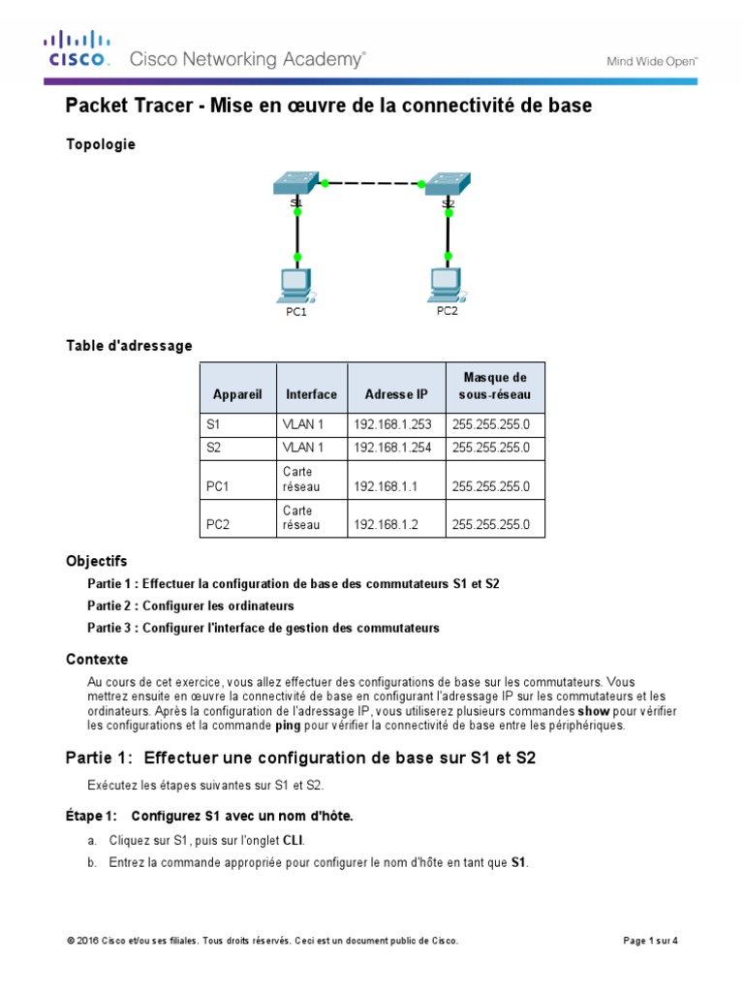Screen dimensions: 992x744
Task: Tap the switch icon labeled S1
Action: click(296, 183)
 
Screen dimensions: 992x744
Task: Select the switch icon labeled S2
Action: click(449, 183)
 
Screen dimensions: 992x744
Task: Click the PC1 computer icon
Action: click(295, 284)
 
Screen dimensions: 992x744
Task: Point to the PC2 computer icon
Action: click(447, 282)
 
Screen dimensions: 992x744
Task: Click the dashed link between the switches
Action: click(373, 182)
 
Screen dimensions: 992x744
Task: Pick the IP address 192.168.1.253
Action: click(394, 424)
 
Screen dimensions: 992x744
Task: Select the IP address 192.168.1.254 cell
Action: click(394, 448)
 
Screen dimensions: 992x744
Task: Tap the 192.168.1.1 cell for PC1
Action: click(386, 486)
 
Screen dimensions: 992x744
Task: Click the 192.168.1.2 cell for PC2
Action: click(386, 525)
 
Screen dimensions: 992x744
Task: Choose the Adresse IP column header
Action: click(395, 394)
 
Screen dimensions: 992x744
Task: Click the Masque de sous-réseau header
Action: click(495, 387)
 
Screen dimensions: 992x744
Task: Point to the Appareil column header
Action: click(237, 394)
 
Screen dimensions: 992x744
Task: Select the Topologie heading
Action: click(101, 144)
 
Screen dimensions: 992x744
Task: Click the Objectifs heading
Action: click(96, 561)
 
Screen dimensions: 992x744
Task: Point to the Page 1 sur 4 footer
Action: click(649, 941)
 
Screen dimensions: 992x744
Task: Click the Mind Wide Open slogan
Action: click(652, 60)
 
